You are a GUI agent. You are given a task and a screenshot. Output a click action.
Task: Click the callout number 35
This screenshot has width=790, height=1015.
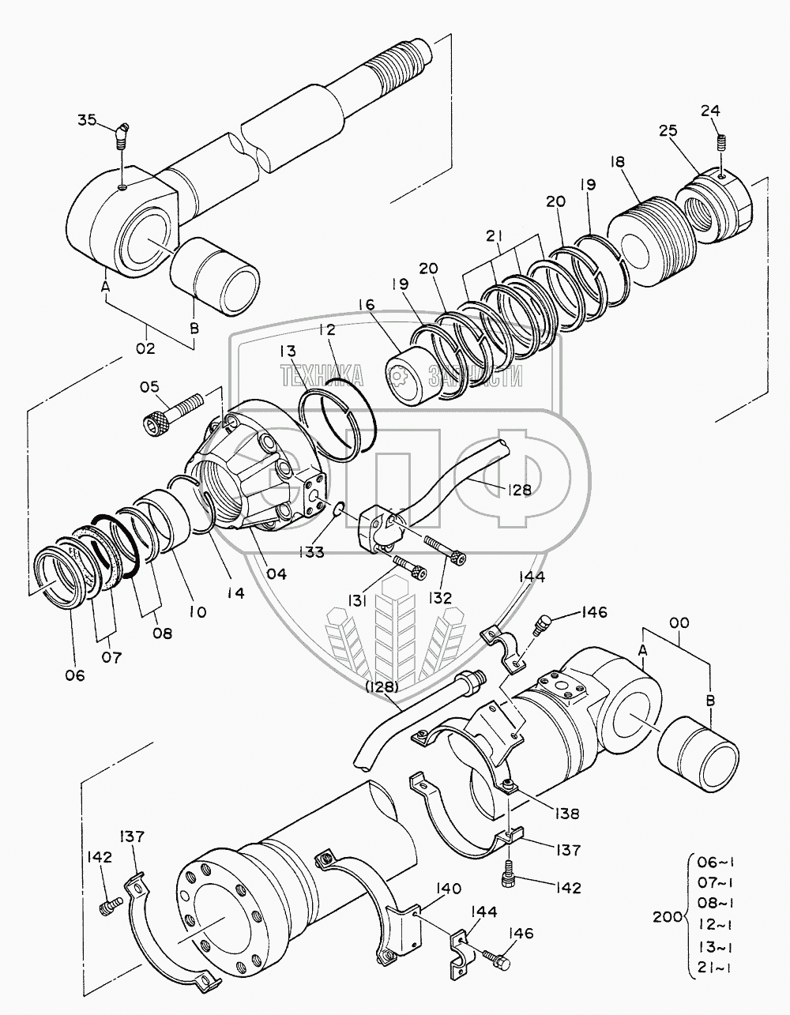[x=87, y=120]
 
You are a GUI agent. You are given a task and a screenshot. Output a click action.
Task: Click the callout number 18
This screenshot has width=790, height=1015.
[x=617, y=162]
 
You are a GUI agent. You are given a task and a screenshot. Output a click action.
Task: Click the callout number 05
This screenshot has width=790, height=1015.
[x=150, y=386]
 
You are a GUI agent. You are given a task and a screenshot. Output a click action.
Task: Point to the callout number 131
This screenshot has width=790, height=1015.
[x=359, y=602]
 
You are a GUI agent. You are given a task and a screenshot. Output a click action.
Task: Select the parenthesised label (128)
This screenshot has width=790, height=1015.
[x=382, y=686]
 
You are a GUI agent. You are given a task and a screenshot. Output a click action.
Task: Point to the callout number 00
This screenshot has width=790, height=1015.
[x=679, y=623]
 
